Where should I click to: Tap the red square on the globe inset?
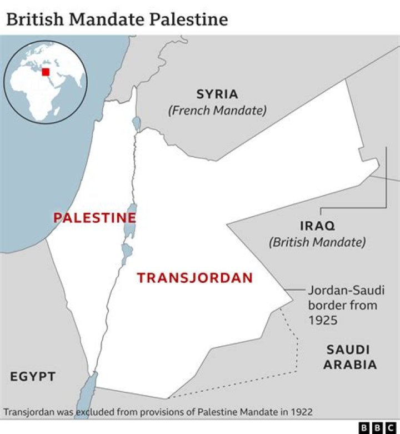pyautogui.click(x=46, y=72)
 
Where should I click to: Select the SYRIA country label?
pyautogui.click(x=217, y=94)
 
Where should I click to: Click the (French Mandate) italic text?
pyautogui.click(x=217, y=110)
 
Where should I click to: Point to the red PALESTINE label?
pyautogui.click(x=94, y=218)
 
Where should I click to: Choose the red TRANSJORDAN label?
pyautogui.click(x=195, y=278)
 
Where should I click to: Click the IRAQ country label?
pyautogui.click(x=317, y=226)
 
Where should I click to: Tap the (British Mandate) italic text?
pyautogui.click(x=317, y=242)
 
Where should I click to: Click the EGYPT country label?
pyautogui.click(x=33, y=377)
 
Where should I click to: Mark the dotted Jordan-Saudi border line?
pyautogui.click(x=296, y=345)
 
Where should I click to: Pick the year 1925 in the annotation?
pyautogui.click(x=323, y=321)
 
